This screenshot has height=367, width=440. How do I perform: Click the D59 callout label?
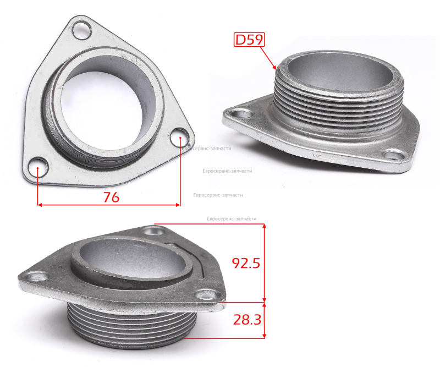[x=249, y=40]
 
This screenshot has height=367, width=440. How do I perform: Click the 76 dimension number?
[x=112, y=197]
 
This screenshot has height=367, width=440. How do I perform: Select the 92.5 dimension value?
[x=246, y=263]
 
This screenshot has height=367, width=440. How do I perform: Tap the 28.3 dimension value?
[x=247, y=320]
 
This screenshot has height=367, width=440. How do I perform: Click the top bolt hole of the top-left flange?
[x=82, y=31]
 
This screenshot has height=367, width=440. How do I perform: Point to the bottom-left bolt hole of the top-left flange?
[x=38, y=167]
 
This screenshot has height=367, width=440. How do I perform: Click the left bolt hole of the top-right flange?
[x=241, y=114]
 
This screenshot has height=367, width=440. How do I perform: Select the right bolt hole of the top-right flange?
[x=394, y=155]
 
